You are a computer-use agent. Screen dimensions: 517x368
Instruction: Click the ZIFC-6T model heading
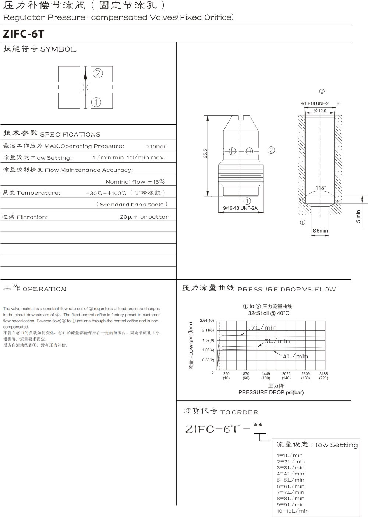pyautogui.click(x=24, y=34)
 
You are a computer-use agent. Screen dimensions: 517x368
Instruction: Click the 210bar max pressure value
pyautogui.click(x=156, y=146)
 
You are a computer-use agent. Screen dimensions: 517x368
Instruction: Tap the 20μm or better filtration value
pyautogui.click(x=144, y=217)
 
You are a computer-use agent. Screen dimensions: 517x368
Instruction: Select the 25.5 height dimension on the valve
pyautogui.click(x=205, y=153)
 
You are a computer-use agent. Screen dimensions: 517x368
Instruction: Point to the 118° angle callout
pyautogui.click(x=321, y=188)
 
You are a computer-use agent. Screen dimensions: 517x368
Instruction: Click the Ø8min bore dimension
pyautogui.click(x=320, y=231)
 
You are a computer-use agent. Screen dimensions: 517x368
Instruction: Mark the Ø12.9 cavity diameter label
pyautogui.click(x=320, y=110)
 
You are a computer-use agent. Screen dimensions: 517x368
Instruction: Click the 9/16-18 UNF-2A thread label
pyautogui.click(x=240, y=208)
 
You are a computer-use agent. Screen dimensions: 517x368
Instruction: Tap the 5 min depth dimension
pyautogui.click(x=359, y=216)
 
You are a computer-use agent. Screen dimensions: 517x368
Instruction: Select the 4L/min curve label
pyautogui.click(x=296, y=356)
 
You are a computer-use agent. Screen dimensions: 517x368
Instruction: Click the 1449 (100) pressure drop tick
pyautogui.click(x=266, y=376)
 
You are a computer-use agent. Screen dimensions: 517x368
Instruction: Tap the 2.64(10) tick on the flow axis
pyautogui.click(x=207, y=321)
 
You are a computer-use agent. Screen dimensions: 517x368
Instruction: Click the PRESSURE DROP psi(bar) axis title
pyautogui.click(x=271, y=392)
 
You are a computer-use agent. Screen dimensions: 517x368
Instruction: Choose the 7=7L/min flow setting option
pyautogui.click(x=290, y=492)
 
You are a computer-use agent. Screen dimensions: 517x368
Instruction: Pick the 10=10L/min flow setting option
pyautogui.click(x=293, y=511)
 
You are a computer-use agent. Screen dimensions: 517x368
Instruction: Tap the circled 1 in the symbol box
pyautogui.click(x=96, y=102)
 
